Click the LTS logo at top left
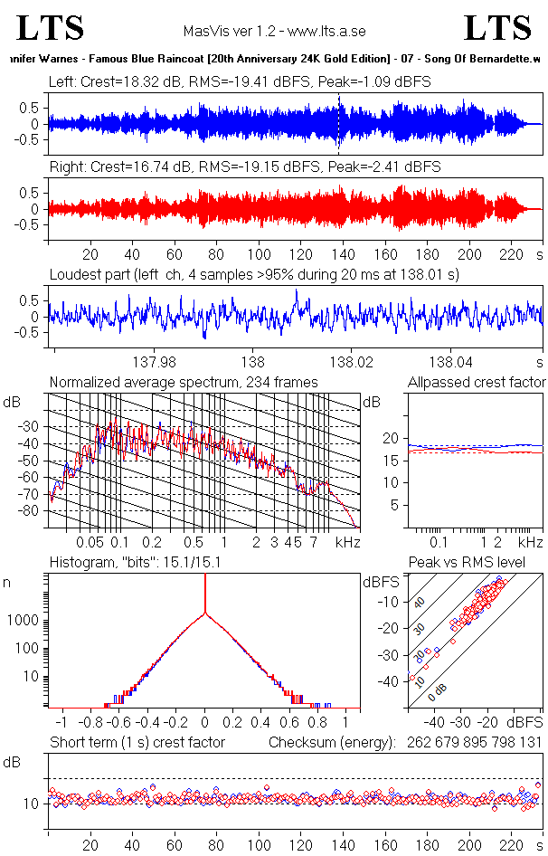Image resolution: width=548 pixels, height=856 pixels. point(51,28)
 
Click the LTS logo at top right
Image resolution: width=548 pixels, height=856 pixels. point(497,28)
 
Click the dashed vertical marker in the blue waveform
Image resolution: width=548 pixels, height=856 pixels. point(338,124)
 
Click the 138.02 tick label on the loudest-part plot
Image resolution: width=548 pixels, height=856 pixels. point(351,362)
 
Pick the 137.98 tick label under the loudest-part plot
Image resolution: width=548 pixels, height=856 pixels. point(155,362)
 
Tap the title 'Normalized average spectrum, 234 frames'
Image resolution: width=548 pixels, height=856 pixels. point(184,382)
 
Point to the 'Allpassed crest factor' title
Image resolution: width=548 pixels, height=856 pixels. point(477,382)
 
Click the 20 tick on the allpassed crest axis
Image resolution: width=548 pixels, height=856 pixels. point(391,438)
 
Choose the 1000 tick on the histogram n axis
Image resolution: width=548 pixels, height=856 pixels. point(24,621)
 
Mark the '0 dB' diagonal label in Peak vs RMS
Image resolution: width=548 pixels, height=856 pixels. point(437,692)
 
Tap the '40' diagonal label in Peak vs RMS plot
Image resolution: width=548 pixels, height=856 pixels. point(420,603)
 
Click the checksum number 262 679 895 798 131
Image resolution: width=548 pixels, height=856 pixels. point(475,743)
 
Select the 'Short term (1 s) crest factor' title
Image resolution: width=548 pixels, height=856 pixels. point(137,743)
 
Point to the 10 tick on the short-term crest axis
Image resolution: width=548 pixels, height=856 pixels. point(31,804)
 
